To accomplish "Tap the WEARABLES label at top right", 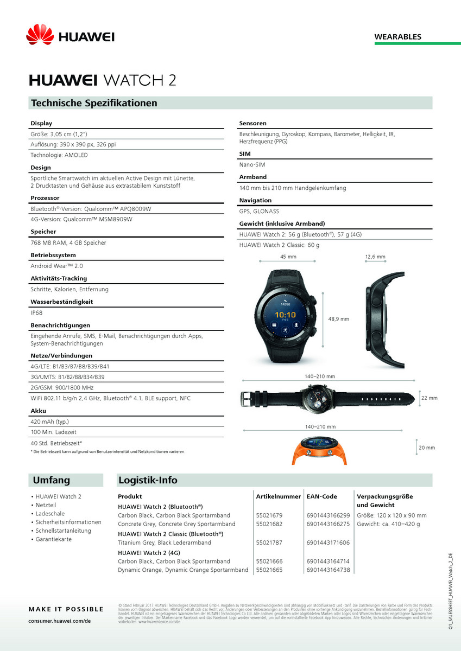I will [397, 37].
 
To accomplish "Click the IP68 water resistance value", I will [36, 313].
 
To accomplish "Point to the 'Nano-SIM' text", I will [252, 164].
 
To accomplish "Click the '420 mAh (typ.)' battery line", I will [50, 422].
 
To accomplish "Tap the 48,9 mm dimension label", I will [339, 319].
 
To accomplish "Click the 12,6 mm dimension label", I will [375, 257].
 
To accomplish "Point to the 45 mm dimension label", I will [288, 257].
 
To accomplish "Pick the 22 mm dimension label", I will [429, 398].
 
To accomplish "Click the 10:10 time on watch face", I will [285, 315].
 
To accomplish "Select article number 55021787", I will [269, 542].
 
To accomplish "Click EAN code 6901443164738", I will [328, 570].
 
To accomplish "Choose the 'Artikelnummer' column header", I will [278, 496].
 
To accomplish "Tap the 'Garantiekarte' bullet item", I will [53, 539].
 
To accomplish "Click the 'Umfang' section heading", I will [52, 480].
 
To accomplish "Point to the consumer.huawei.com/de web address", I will [59, 620].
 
